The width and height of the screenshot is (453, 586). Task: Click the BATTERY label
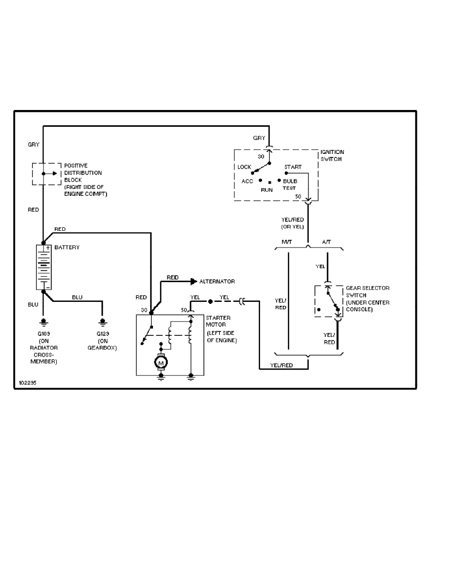coord(67,247)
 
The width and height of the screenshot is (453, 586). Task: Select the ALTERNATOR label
coord(217,281)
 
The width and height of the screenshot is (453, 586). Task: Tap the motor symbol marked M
coord(160,363)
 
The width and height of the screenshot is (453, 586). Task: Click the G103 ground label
coord(43,334)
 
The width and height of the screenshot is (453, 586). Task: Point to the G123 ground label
coord(103,334)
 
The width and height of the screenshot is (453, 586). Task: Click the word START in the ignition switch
coord(293,167)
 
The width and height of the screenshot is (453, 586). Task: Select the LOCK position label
coord(244,167)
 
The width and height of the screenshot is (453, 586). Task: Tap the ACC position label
coord(247,182)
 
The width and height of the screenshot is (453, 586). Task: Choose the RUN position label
coord(267,189)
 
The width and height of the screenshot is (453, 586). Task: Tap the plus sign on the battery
coord(48,248)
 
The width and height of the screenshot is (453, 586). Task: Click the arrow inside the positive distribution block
coord(49,174)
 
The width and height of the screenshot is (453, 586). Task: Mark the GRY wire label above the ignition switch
coord(259,138)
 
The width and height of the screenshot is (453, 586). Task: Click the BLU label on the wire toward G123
coord(77,297)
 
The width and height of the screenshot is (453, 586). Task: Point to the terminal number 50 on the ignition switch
coord(298,197)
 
